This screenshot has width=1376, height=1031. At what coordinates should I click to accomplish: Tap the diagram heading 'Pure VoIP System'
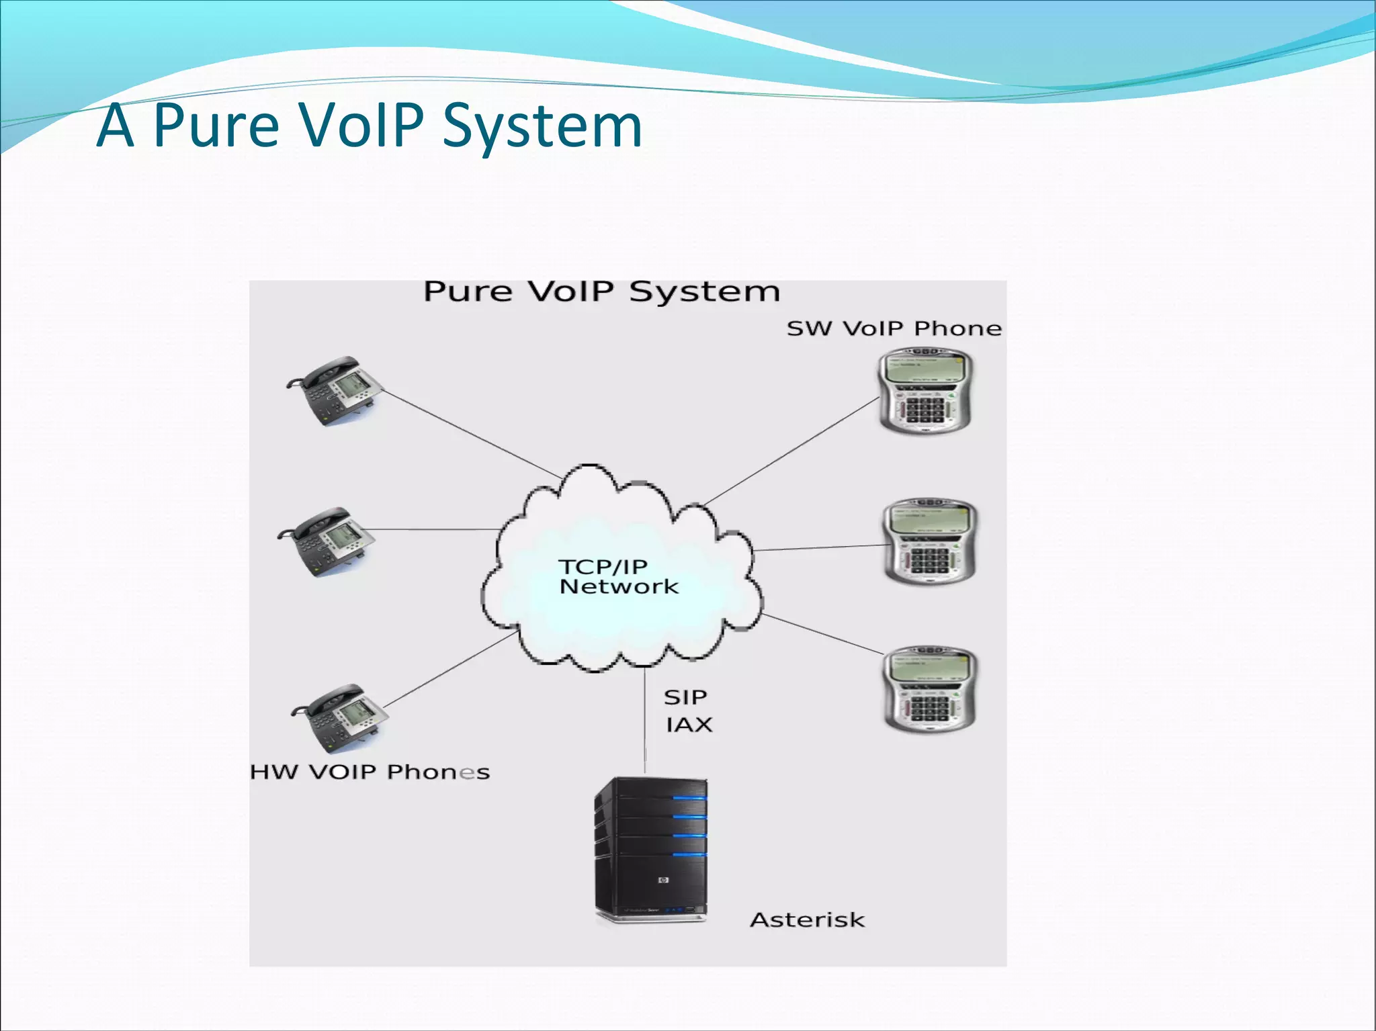[601, 292]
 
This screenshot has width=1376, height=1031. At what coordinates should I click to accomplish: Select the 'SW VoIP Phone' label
[894, 328]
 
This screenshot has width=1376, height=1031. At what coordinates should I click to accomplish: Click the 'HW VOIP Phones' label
[370, 772]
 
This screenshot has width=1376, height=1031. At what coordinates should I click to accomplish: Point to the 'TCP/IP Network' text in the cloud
[617, 577]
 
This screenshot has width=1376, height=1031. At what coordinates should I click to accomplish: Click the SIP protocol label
[685, 697]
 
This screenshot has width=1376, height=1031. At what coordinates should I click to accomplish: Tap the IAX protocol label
[689, 725]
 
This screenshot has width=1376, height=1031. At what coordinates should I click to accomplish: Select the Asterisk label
[807, 920]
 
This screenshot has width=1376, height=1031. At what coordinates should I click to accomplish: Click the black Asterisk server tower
[650, 850]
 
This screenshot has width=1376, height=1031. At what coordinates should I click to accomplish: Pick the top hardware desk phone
[335, 390]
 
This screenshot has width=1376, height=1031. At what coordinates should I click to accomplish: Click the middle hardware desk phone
[327, 541]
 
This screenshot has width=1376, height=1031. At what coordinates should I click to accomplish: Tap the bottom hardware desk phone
[340, 717]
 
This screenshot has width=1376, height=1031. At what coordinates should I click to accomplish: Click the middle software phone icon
[929, 541]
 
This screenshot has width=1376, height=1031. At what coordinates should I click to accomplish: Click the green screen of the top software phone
[924, 369]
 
